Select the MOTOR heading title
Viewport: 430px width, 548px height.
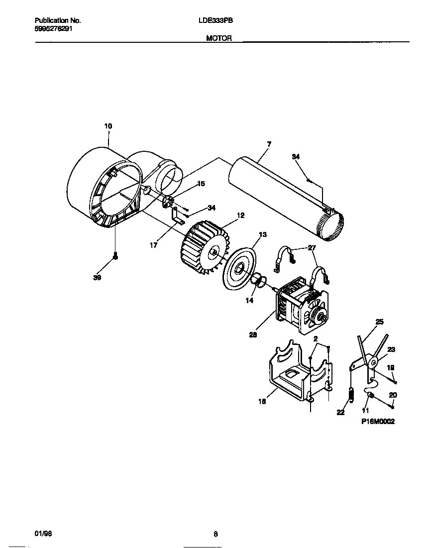pyautogui.click(x=219, y=38)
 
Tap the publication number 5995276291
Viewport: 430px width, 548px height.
pyautogui.click(x=54, y=29)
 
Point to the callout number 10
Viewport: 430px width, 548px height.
pyautogui.click(x=108, y=126)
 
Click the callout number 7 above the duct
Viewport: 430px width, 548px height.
pyautogui.click(x=269, y=144)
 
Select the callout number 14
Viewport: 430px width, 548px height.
pyautogui.click(x=249, y=301)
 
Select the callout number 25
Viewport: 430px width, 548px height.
pyautogui.click(x=380, y=322)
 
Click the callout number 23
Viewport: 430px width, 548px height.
pyautogui.click(x=391, y=350)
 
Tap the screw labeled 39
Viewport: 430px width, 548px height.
pyautogui.click(x=115, y=256)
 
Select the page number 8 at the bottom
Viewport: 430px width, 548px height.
pyautogui.click(x=215, y=535)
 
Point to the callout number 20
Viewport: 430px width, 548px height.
pyautogui.click(x=393, y=395)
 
